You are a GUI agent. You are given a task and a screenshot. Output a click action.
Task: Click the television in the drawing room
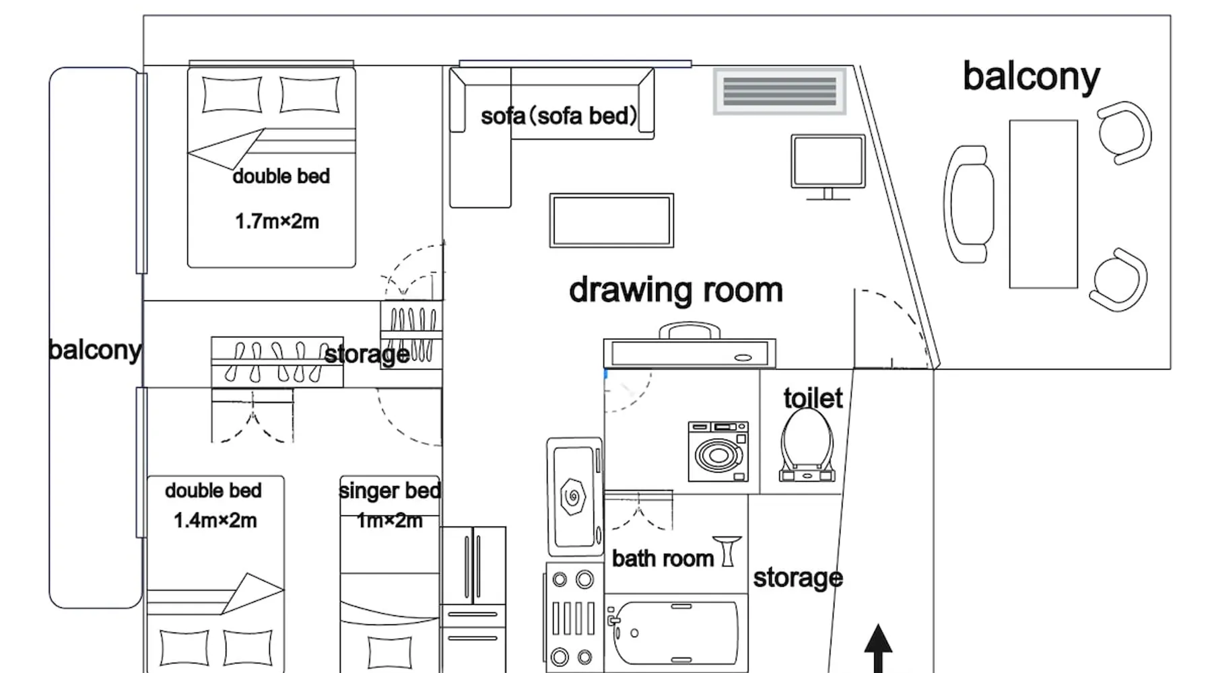pos(828,167)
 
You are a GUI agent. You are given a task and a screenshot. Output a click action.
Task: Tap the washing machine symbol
pos(718,451)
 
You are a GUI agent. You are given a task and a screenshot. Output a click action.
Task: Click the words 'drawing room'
pos(676,290)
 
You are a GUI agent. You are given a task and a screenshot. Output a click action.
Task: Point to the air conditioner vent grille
pos(780,92)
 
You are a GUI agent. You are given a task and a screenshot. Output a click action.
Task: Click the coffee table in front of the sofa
pos(611,221)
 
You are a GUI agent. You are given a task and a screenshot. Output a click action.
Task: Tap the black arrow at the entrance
pos(878,648)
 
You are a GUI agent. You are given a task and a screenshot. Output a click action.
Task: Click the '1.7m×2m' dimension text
pos(277,221)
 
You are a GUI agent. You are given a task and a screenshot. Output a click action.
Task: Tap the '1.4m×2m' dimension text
pos(215,520)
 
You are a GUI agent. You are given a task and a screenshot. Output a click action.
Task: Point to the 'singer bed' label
pos(390,491)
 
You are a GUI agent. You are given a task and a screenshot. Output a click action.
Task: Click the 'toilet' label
pos(813,398)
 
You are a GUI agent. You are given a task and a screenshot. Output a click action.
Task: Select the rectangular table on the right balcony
pos(1043,205)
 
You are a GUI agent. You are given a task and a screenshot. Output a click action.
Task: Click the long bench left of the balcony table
pos(969,205)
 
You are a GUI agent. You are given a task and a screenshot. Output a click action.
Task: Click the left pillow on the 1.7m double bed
pos(232,94)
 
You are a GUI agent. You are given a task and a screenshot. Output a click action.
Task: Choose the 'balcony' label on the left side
pos(95,350)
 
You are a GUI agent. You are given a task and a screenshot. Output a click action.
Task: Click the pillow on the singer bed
pos(390,651)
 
